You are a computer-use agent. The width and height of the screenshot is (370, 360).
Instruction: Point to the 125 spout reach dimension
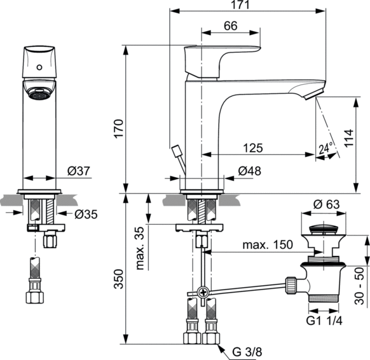click(253, 148)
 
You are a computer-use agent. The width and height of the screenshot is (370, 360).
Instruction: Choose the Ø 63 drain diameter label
click(325, 204)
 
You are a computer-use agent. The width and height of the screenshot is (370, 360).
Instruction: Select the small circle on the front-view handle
click(42, 65)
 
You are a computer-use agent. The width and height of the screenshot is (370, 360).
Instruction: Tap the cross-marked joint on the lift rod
click(203, 293)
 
